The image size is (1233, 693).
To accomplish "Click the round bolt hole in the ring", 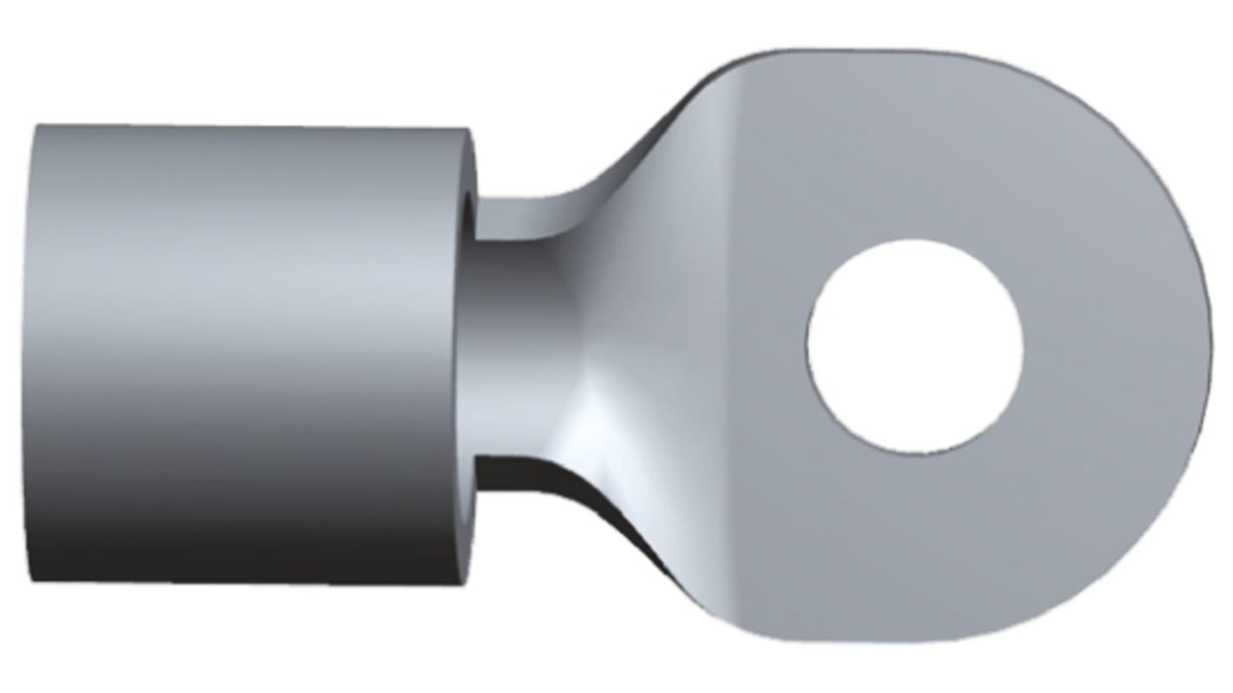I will [914, 346].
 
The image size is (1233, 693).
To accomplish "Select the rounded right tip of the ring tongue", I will [1203, 347].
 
